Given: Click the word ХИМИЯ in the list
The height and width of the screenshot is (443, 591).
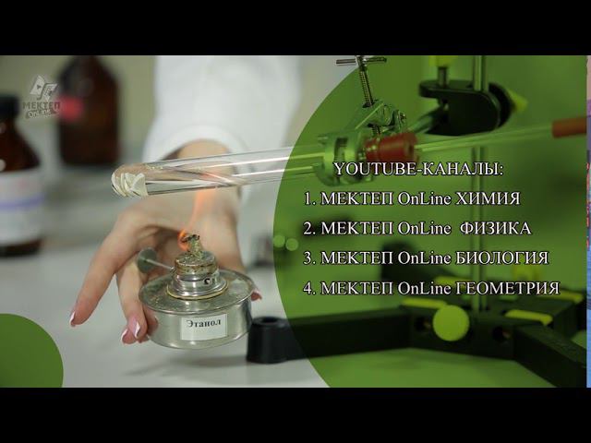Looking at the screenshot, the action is pyautogui.click(x=488, y=198).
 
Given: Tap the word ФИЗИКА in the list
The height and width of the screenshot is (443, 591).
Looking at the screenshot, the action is pyautogui.click(x=496, y=228).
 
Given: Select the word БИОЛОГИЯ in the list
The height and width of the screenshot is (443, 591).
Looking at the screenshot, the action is pyautogui.click(x=502, y=258).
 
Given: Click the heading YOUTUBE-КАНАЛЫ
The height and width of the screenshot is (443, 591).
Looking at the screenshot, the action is pyautogui.click(x=418, y=169).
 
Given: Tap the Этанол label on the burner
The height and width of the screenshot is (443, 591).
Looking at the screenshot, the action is pyautogui.click(x=204, y=324).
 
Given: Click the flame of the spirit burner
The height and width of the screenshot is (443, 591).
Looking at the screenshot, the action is pyautogui.click(x=186, y=235).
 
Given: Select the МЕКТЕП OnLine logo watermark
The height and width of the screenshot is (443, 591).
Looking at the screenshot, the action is pyautogui.click(x=41, y=97).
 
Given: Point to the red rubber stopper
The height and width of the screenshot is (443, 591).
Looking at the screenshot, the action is pyautogui.click(x=390, y=148).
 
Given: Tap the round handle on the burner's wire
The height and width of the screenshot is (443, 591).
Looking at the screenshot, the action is pyautogui.click(x=148, y=260).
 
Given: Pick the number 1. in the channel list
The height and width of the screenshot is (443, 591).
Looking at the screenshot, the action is pyautogui.click(x=309, y=199).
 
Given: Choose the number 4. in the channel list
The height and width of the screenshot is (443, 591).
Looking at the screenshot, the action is pyautogui.click(x=309, y=289).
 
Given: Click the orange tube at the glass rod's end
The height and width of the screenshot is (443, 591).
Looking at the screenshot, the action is pyautogui.click(x=569, y=126).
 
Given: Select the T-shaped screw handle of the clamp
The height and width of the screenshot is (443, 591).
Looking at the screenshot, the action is pyautogui.click(x=361, y=60).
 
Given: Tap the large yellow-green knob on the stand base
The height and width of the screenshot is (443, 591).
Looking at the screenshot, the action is pyautogui.click(x=451, y=323).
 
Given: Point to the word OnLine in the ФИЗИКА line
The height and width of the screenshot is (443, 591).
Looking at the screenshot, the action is pyautogui.click(x=424, y=229).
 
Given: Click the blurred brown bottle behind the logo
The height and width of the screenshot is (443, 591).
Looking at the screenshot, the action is pyautogui.click(x=89, y=109).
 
